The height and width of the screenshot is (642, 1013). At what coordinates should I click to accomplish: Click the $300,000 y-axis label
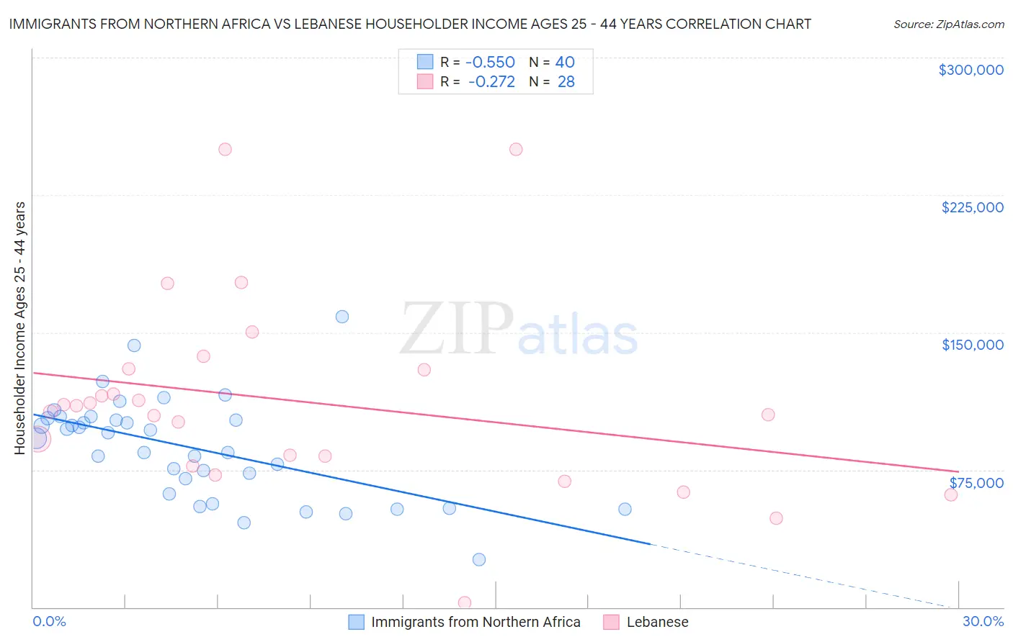pos(970,70)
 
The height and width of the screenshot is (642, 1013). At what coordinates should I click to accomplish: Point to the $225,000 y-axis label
pos(972,207)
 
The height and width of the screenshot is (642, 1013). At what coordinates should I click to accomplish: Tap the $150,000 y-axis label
pos(972,345)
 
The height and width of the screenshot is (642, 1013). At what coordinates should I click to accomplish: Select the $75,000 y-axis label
pos(976,482)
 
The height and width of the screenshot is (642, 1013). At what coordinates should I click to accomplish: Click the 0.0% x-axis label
pos(49,621)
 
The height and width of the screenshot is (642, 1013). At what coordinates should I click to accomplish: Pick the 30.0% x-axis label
pos(983,621)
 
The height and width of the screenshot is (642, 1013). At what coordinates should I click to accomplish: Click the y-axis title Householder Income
pos(19,327)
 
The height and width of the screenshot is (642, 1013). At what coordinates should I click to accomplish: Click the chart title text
pos(410,24)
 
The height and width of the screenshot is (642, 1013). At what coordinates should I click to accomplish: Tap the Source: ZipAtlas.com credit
pos(948,24)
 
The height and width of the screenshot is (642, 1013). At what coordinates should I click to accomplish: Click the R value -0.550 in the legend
pos(490,62)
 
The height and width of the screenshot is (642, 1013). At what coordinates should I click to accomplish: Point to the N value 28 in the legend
pos(566,82)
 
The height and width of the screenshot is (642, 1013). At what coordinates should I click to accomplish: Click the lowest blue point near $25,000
pos(479,559)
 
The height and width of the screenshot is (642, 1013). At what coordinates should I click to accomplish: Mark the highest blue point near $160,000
pos(342,317)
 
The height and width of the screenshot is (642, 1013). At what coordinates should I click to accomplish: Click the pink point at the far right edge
pos(951,494)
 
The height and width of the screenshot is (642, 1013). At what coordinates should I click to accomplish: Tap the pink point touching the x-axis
pos(465,602)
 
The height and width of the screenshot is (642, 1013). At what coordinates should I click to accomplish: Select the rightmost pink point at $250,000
pos(516,150)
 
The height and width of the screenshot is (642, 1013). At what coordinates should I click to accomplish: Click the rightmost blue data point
pos(625,509)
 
